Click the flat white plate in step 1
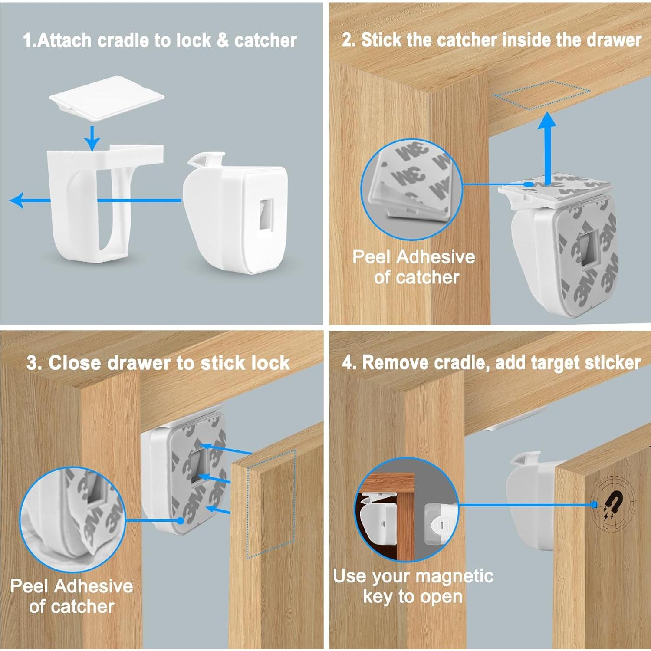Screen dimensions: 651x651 (107, 99)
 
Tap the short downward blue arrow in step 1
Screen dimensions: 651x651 (92, 138)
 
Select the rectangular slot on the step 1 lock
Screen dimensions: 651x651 (267, 214)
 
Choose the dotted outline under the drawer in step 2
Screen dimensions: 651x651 (542, 95)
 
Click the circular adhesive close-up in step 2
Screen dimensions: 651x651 (412, 189)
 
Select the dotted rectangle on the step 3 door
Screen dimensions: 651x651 (271, 503)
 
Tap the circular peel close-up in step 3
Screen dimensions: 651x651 (72, 519)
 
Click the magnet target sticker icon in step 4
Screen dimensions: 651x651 (612, 505)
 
